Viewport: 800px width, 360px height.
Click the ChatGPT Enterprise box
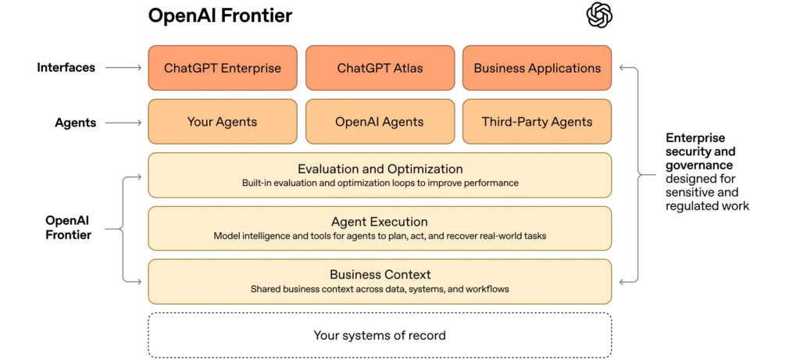pyautogui.click(x=223, y=68)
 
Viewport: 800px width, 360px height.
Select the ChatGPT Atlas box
pyautogui.click(x=380, y=68)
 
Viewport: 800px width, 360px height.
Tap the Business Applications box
pyautogui.click(x=537, y=68)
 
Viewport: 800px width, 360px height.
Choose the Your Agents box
pyautogui.click(x=223, y=122)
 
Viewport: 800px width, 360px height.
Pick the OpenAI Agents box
pyautogui.click(x=380, y=122)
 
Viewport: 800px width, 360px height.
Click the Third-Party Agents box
pyautogui.click(x=537, y=122)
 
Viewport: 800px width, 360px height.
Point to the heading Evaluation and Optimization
pyautogui.click(x=380, y=169)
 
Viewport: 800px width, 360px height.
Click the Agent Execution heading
pyautogui.click(x=380, y=222)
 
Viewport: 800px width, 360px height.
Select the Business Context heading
pyautogui.click(x=380, y=275)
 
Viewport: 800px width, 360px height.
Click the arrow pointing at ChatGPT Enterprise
pyautogui.click(x=123, y=68)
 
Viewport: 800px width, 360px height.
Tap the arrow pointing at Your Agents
pyautogui.click(x=123, y=122)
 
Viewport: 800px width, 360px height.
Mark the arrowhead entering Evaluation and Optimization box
pyautogui.click(x=139, y=176)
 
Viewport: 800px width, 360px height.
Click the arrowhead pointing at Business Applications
pyautogui.click(x=622, y=68)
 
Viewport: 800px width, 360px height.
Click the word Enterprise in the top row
pyautogui.click(x=251, y=68)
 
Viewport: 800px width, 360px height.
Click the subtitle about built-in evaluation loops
pyautogui.click(x=380, y=184)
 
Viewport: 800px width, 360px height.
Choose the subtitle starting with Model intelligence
pyautogui.click(x=380, y=236)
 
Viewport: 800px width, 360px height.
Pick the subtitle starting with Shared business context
pyautogui.click(x=380, y=289)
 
